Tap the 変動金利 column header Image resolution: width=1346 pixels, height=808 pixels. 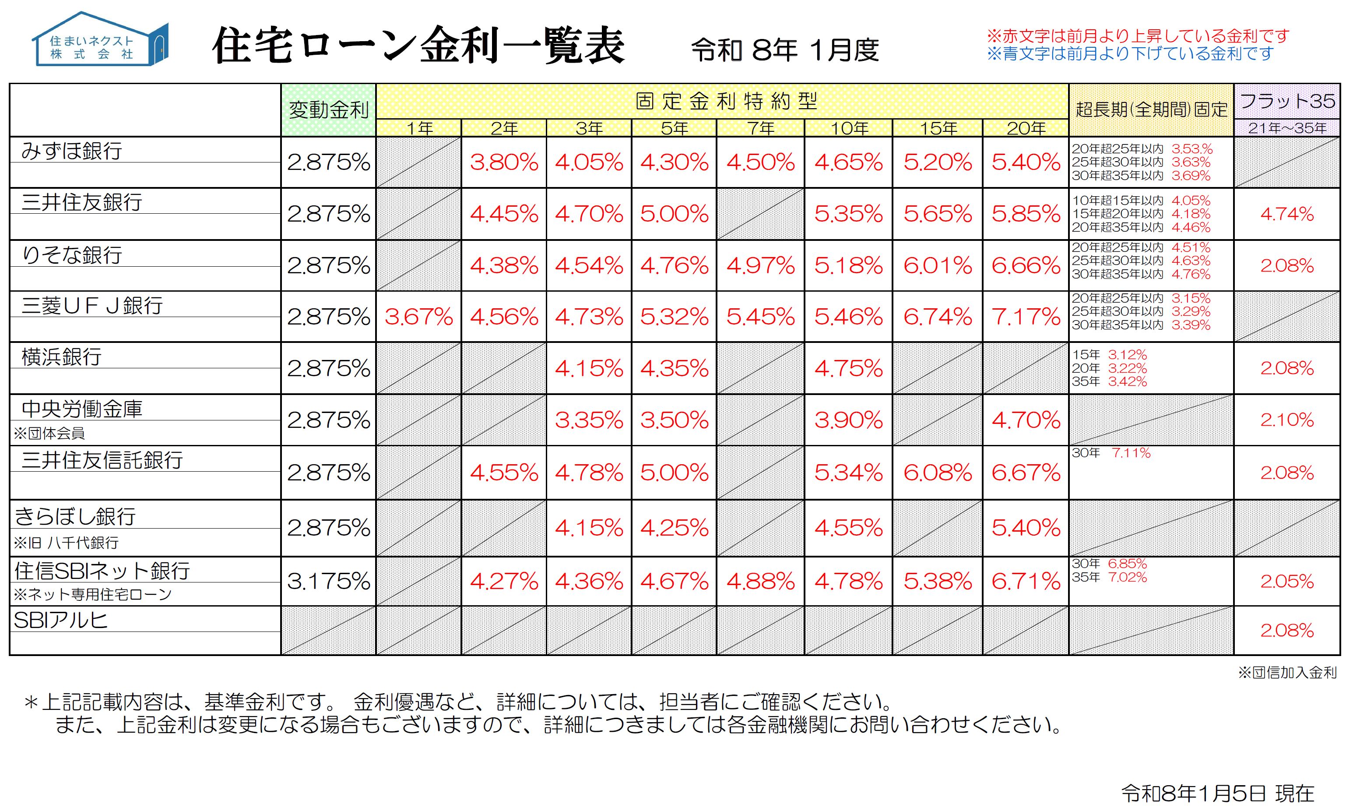pyautogui.click(x=328, y=110)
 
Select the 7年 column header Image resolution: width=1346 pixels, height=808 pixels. pyautogui.click(x=760, y=128)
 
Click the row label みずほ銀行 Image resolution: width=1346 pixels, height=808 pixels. pyautogui.click(x=72, y=151)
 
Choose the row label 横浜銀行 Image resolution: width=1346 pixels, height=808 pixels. pyautogui.click(x=61, y=356)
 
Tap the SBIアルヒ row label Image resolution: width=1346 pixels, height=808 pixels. pyautogui.click(x=61, y=621)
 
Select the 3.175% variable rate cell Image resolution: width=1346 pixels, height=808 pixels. pyautogui.click(x=328, y=582)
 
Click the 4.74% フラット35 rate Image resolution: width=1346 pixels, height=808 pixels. pyautogui.click(x=1287, y=214)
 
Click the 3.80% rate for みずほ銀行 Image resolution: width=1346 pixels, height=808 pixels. pyautogui.click(x=504, y=162)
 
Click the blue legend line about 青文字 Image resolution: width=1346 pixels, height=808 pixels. pyautogui.click(x=1130, y=54)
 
